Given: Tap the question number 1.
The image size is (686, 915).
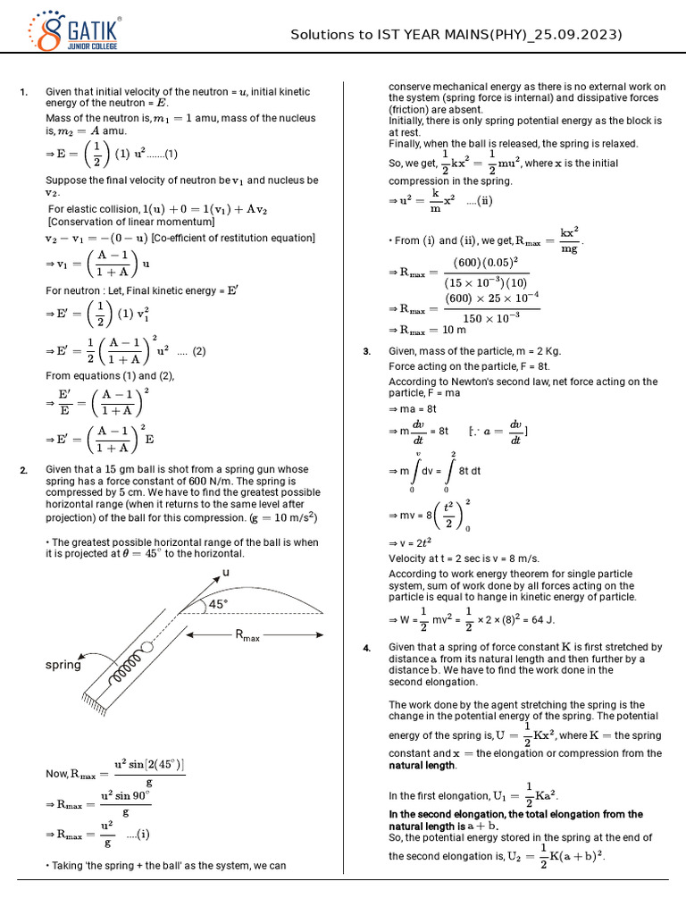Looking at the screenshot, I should coord(24,92).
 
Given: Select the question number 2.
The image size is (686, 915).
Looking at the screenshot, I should coord(24,470).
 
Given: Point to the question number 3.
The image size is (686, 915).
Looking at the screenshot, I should coord(366,352).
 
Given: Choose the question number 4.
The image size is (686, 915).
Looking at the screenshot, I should coord(366,648).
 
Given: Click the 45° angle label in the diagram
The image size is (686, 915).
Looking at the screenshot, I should coord(219,604).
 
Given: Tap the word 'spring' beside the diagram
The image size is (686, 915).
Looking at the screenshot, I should coord(63,665).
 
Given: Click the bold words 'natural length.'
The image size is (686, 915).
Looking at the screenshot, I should coord(422,766).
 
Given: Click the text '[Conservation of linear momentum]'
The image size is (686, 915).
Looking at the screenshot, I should coord(130,222).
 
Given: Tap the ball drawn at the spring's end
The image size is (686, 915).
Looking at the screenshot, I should coord(146,647).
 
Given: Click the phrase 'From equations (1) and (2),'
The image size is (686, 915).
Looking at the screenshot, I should coord(110,375).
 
